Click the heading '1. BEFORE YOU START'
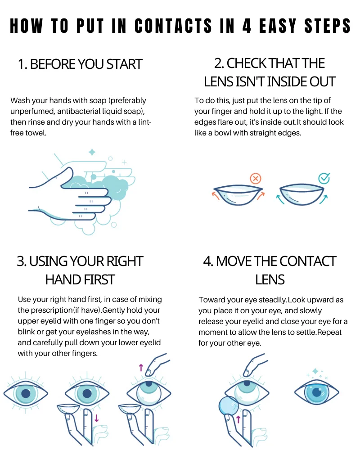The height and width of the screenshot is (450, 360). tap(80, 64)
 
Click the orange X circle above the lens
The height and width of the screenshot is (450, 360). tap(256, 179)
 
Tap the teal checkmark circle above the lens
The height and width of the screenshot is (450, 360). tap(324, 178)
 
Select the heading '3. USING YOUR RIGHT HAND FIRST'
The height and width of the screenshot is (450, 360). tap(80, 270)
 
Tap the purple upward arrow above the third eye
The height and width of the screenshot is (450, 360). tap(141, 368)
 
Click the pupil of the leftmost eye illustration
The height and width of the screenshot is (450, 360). tap(26, 393)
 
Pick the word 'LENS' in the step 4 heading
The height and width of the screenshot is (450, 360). tap(270, 279)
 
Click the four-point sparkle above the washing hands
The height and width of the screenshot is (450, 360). tap(92, 152)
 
